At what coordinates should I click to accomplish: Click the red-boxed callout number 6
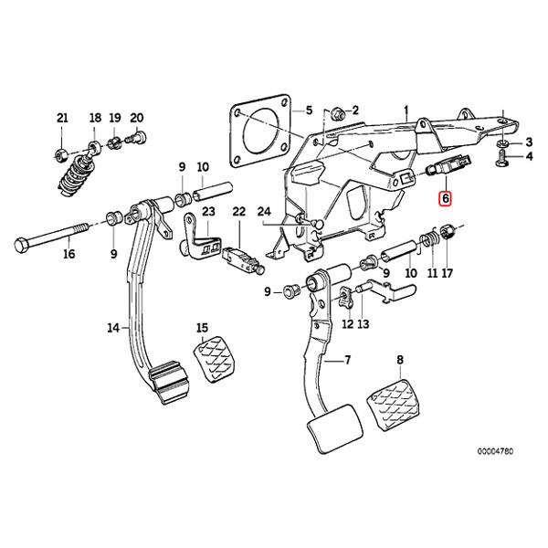click(445, 197)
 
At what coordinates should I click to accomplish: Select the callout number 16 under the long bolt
click(69, 255)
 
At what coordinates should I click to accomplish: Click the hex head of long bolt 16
click(22, 245)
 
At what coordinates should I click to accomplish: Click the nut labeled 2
click(338, 113)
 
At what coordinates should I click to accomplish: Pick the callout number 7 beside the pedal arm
click(347, 362)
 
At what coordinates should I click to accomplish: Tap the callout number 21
click(62, 118)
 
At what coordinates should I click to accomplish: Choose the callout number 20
click(137, 118)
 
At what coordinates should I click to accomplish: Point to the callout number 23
click(208, 212)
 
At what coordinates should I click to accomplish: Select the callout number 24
click(264, 212)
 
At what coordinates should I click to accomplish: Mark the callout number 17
click(447, 273)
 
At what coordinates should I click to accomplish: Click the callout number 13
click(363, 324)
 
